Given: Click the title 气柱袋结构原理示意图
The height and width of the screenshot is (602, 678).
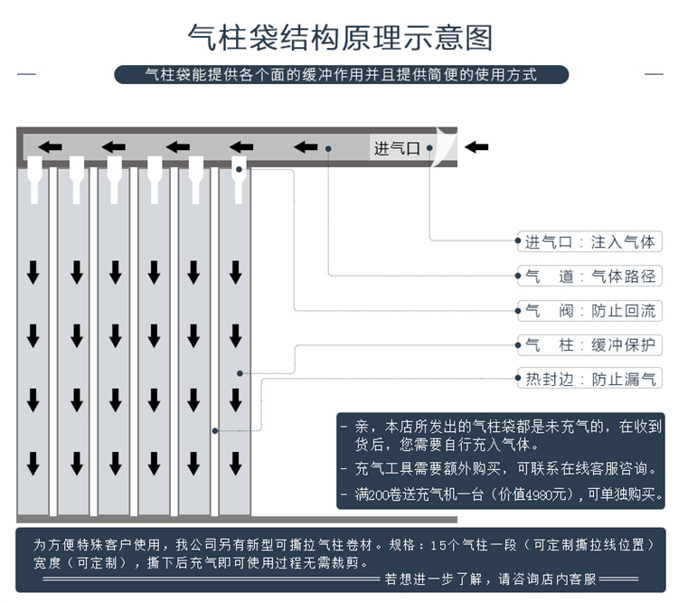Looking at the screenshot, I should (x=339, y=38).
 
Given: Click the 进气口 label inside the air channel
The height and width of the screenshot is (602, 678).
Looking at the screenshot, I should (x=397, y=148).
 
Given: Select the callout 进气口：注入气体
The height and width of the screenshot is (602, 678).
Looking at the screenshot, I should (x=589, y=241).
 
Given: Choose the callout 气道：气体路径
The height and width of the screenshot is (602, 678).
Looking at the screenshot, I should (x=589, y=276).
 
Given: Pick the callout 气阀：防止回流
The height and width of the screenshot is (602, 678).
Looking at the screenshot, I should (x=589, y=311).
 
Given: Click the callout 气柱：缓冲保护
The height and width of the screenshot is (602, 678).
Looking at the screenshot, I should (x=589, y=344).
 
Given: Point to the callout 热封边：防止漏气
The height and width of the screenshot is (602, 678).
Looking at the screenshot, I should (x=589, y=379).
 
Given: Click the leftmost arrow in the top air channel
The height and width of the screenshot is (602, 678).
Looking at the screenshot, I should (x=50, y=147).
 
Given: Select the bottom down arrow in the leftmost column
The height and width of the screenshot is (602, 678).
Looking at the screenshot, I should (x=33, y=464).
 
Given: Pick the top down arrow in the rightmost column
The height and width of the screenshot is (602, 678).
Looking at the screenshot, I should (x=235, y=270).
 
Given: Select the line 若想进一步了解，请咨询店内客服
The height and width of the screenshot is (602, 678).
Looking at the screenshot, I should (x=504, y=578).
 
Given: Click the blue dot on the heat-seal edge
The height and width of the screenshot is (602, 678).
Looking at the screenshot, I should (x=215, y=430).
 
